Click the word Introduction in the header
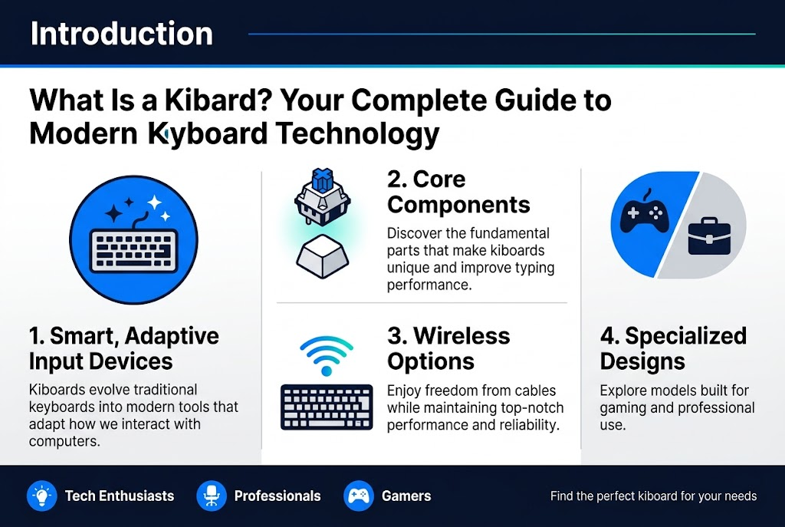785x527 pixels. [x=121, y=34]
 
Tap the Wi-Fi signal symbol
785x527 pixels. [x=326, y=354]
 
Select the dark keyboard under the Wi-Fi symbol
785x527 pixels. [x=327, y=407]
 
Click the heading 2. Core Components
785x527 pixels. [x=458, y=192]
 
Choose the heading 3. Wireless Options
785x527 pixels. [x=448, y=348]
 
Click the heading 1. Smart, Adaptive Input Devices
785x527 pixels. [x=123, y=348]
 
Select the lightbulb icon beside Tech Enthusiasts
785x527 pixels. [x=40, y=496]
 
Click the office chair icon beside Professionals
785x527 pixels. [x=210, y=496]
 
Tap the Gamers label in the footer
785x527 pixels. [x=406, y=496]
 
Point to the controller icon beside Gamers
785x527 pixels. [x=357, y=496]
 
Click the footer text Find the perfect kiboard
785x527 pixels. [x=653, y=496]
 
